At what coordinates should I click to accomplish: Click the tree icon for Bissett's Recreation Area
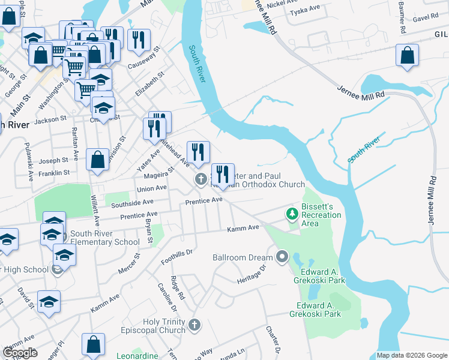(292, 214)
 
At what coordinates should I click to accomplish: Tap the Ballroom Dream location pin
(283, 258)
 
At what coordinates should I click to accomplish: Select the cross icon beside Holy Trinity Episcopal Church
(193, 325)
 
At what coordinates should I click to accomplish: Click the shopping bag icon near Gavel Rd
(407, 55)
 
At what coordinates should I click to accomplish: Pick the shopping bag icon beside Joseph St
(97, 160)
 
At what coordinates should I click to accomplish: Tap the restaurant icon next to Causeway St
(139, 40)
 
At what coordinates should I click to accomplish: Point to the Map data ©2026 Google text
(411, 355)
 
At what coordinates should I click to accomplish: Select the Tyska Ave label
(303, 12)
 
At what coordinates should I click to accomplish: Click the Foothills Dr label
(176, 257)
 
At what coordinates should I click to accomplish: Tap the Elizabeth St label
(149, 85)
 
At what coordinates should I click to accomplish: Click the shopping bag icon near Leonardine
(93, 344)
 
